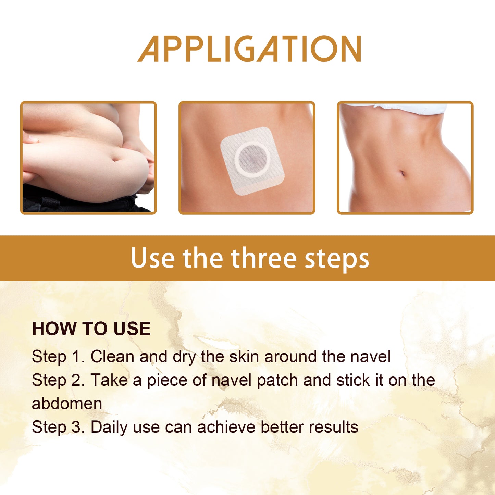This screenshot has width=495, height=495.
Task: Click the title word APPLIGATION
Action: [249, 49]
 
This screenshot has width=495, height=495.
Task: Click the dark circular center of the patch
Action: [252, 158]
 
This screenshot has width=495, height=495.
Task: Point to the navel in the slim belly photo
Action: [402, 173]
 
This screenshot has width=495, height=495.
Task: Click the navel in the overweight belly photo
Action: [116, 159]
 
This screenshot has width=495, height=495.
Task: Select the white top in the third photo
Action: [397, 108]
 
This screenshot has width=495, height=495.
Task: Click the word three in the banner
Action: [263, 258]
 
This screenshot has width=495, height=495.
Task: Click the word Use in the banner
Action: [152, 258]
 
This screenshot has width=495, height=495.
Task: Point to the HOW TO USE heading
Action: [91, 329]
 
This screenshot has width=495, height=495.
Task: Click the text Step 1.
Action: [58, 357]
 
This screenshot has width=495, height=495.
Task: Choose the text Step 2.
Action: [58, 380]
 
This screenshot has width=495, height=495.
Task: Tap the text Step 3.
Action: [58, 427]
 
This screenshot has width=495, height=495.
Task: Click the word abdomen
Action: [67, 404]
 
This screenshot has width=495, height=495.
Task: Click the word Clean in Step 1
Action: [112, 357]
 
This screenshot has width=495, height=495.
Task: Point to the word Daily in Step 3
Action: [109, 428]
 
